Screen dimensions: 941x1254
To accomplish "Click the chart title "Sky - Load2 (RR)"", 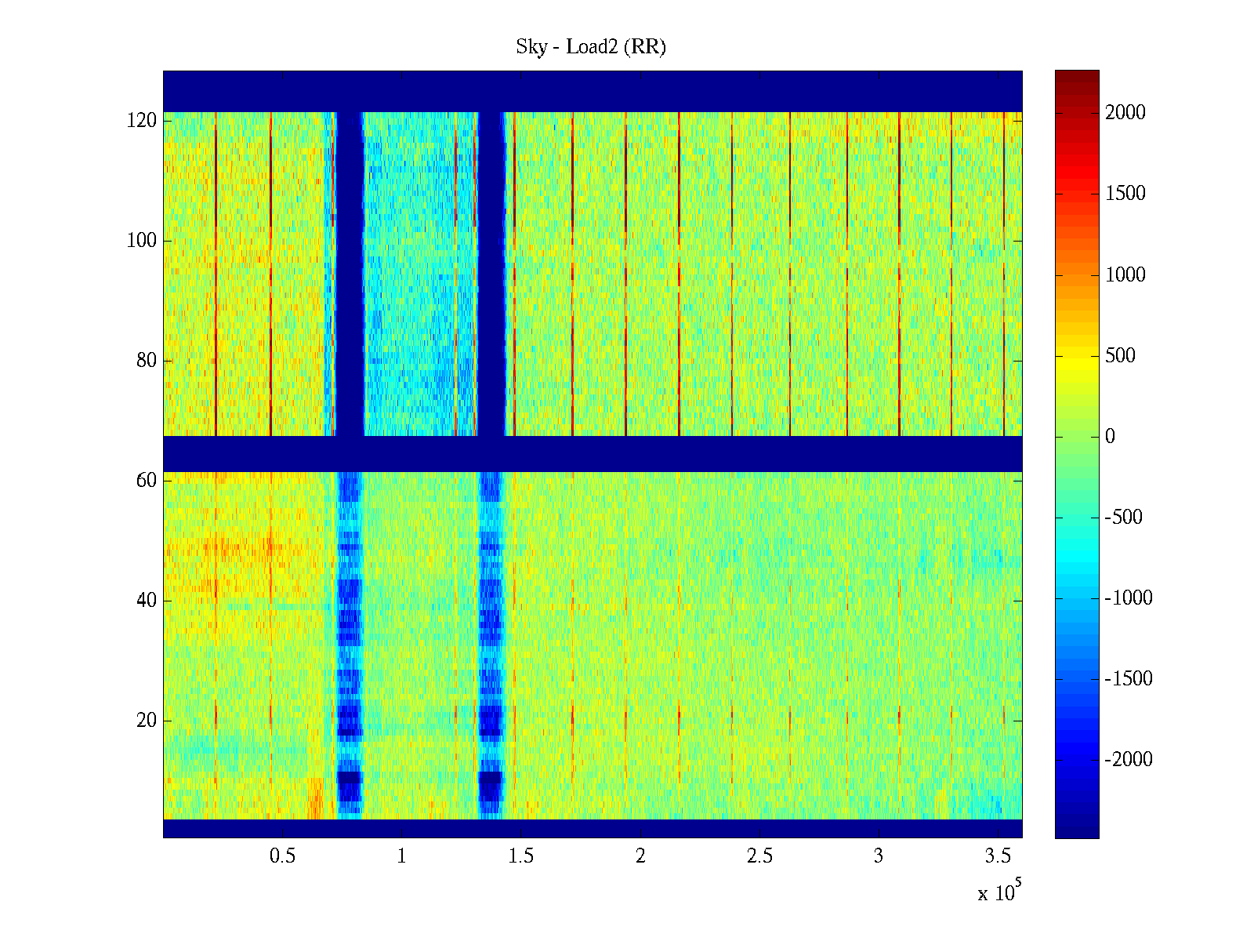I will point(591,47).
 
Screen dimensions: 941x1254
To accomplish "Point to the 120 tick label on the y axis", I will point(142,121).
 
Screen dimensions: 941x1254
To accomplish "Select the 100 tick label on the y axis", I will point(142,241).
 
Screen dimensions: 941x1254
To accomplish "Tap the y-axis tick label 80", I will point(147,361).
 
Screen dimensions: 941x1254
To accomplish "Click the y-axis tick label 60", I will point(147,481).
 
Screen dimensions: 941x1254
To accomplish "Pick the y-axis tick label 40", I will point(147,601).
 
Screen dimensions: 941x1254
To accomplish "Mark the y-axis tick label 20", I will point(147,721).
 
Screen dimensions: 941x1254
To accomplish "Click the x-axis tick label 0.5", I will point(282,856).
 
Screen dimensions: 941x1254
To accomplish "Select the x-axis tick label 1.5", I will point(520,856).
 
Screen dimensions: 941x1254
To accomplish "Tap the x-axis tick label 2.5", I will point(759,856).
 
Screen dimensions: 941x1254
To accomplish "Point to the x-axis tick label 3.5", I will point(998,856).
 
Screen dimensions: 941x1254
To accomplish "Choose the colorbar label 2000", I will point(1125,113).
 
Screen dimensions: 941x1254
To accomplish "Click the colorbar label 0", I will point(1110,437).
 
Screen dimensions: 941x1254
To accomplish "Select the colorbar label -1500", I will point(1129,679).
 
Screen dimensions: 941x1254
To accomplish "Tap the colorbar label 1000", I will point(1125,274).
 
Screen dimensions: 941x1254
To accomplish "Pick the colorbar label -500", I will point(1124,518).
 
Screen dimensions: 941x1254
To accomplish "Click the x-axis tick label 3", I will point(879,856).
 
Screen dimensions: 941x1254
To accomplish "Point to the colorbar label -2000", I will point(1129,760).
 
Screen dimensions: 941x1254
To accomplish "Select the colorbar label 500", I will point(1121,356).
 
